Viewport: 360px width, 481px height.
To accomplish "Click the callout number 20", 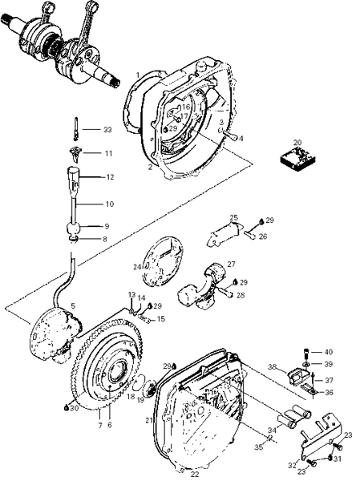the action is [297, 143].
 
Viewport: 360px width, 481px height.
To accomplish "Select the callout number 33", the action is [107, 130].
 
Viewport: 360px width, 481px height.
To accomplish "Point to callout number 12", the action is [110, 177].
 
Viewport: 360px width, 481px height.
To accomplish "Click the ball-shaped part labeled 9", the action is [74, 228].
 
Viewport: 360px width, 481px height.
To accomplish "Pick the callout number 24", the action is [136, 267].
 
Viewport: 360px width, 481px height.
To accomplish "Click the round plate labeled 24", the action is [163, 262].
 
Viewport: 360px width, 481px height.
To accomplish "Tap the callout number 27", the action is [231, 264].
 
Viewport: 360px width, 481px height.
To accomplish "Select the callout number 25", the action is [234, 218].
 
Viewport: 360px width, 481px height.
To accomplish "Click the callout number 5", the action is [73, 306].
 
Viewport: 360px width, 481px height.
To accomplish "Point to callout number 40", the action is [329, 352].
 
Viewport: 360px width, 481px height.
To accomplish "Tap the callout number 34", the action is [273, 431].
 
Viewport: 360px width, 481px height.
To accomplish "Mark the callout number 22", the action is [195, 475].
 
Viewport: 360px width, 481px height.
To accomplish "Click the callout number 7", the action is [99, 426].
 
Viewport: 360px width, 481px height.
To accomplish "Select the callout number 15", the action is [160, 319].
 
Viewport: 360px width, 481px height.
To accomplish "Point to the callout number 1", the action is [138, 75].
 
